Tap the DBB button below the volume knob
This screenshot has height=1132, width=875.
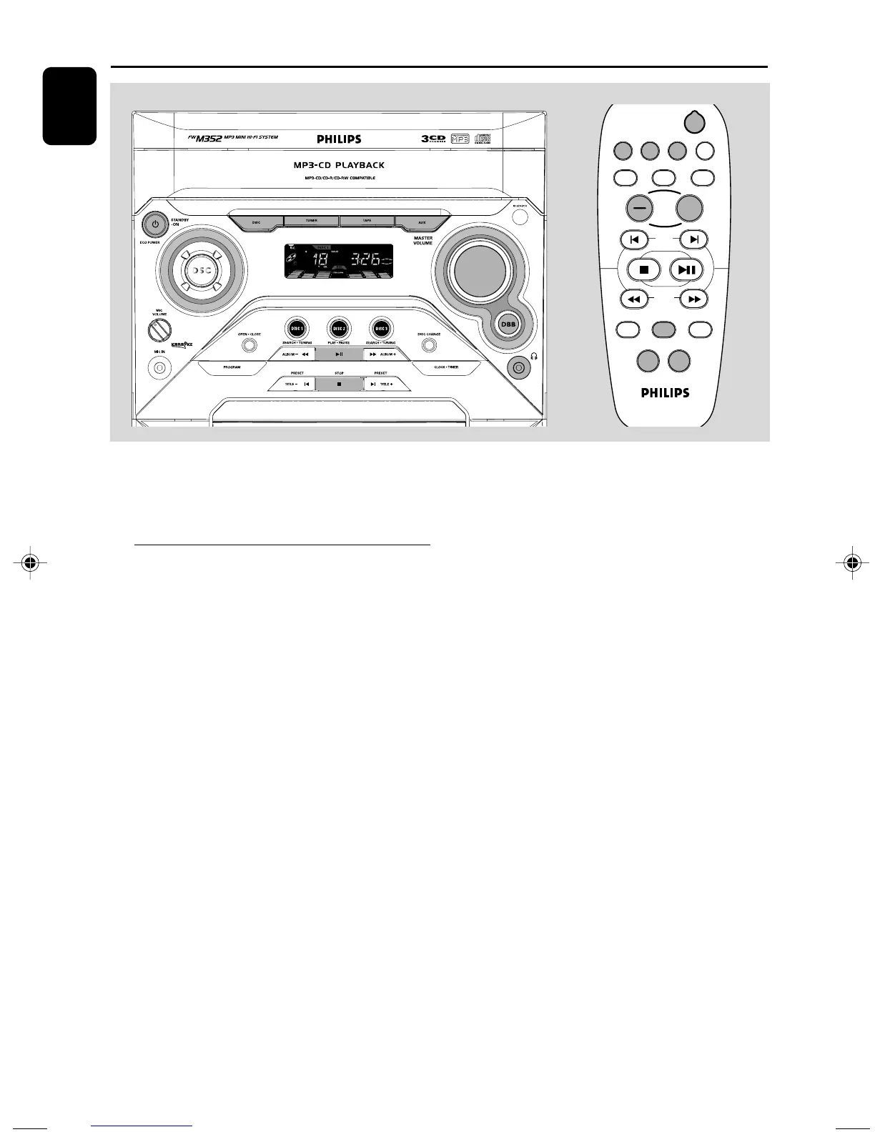508,324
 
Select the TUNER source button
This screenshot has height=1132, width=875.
312,222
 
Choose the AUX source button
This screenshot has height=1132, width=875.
422,222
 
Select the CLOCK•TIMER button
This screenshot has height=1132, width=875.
446,367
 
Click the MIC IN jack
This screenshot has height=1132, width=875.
159,368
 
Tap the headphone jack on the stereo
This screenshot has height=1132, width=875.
518,367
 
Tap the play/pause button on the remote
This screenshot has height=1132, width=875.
686,269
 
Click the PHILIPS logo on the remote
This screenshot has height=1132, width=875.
665,392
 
